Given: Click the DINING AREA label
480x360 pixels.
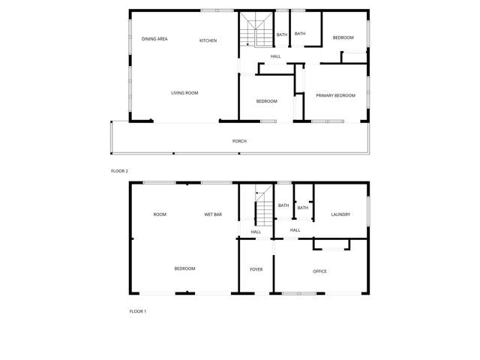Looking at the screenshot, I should tap(154, 39).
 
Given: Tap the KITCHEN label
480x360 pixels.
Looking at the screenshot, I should tap(208, 40).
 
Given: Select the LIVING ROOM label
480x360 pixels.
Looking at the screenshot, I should tap(184, 93).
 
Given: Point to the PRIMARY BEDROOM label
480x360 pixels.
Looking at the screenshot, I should tap(335, 95).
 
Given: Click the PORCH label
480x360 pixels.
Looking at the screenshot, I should tap(239, 141).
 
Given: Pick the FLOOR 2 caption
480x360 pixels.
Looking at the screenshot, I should tap(119, 171).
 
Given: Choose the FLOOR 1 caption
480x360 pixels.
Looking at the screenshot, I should tap(137, 311).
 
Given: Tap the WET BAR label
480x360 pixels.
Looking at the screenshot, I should tap(213, 214).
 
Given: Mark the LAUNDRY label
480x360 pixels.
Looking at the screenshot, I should tap(340, 214).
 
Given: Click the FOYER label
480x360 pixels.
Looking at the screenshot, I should tap(256, 269).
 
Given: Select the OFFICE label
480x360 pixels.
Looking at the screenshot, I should tap(319, 271).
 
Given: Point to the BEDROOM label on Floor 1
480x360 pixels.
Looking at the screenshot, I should tap(184, 268).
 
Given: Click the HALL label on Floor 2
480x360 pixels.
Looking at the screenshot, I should tap(276, 56).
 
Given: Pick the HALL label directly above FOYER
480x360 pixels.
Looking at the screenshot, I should tap(256, 232).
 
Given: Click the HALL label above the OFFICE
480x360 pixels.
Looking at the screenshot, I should tap(295, 230).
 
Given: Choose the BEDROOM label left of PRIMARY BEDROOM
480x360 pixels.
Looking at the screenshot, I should tap(266, 101).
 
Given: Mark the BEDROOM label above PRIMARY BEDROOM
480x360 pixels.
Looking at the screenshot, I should tap(343, 37).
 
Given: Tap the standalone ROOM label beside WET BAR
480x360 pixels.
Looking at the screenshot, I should tap(160, 214).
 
